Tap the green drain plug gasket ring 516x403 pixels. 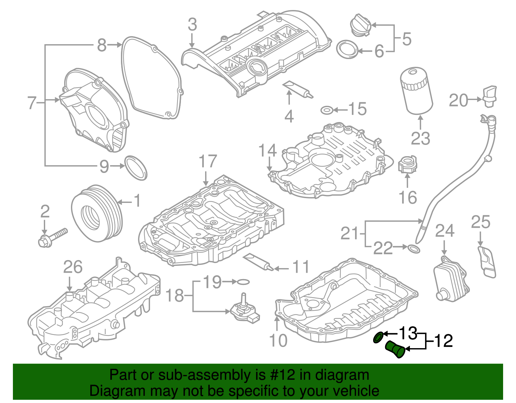tap(378, 338)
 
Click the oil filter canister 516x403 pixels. tap(416, 91)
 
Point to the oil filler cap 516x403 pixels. tap(360, 25)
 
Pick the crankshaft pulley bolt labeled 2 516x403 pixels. tap(53, 238)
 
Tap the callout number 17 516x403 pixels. tap(208, 161)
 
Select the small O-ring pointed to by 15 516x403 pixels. tap(326, 110)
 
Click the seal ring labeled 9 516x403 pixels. tap(136, 168)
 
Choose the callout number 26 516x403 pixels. tap(73, 267)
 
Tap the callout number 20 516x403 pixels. tap(458, 100)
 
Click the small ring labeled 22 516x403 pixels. tap(414, 249)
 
